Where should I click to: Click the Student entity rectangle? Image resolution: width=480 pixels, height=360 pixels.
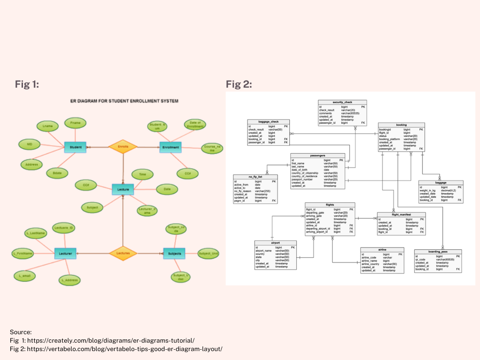point(75,147)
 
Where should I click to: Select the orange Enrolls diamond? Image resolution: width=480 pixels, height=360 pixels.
point(123,147)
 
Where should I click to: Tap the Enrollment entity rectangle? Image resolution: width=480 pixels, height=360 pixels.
point(171,147)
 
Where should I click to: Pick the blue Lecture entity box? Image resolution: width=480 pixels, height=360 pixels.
point(123,189)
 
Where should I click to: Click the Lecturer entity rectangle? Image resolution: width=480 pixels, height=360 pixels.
point(65,254)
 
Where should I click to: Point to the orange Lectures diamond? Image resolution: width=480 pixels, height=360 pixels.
point(123,254)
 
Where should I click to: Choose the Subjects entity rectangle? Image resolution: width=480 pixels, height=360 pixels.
point(174,254)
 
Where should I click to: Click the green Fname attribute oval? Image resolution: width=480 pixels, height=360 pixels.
point(75,123)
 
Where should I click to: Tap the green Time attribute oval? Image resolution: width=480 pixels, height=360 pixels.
point(142,174)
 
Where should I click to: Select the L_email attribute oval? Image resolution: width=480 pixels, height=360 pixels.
point(24,275)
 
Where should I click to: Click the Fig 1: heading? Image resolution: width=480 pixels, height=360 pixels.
point(27,84)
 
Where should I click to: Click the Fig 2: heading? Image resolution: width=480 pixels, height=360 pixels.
point(239,84)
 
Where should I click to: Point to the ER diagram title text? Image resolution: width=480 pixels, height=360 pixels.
point(124,101)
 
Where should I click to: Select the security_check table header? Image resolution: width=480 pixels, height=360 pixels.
point(342,102)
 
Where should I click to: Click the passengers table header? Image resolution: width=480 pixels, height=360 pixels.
point(317,156)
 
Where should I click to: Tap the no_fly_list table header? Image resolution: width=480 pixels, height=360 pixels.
point(255,177)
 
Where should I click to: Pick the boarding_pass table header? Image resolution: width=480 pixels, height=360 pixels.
point(438,252)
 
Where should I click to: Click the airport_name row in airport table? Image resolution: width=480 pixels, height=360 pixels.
point(264,251)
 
